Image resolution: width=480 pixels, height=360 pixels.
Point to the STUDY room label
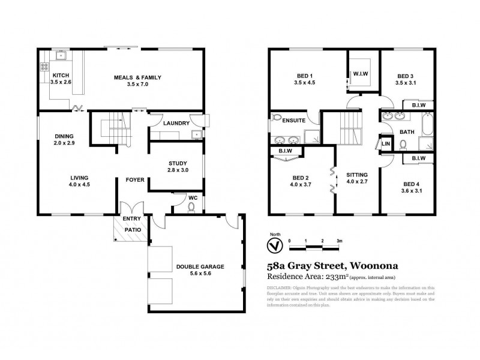pos(178,163)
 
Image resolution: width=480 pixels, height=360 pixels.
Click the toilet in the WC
pos(191,207)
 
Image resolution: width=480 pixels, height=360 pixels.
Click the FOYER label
pos(134,179)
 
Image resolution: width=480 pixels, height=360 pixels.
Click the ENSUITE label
pos(293,121)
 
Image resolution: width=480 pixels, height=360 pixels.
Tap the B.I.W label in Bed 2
pos(285,151)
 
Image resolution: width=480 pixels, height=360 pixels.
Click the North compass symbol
pos(274,245)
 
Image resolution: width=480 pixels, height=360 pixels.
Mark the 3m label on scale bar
pos(340,240)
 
